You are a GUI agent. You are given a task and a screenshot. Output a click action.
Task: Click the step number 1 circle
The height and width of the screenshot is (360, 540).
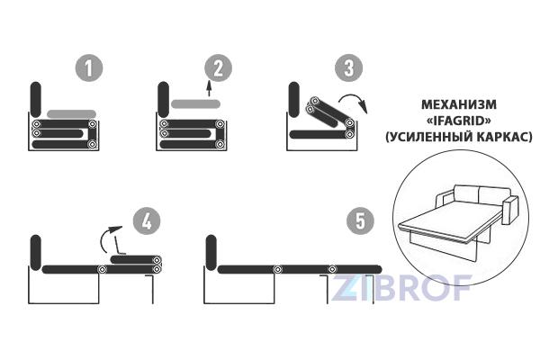[89, 67]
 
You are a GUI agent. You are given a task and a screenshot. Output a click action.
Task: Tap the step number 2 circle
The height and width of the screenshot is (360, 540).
[219, 67]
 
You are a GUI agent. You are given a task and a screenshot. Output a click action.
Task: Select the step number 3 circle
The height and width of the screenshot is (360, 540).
[349, 67]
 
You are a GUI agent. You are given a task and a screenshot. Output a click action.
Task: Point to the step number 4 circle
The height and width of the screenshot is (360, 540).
[147, 220]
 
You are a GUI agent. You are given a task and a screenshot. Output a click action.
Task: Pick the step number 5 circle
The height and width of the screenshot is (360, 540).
[360, 220]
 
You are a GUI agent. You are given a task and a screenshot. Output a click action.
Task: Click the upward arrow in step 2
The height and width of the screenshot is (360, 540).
[209, 89]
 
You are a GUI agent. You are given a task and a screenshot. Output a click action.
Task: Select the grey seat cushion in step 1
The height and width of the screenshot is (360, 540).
[71, 114]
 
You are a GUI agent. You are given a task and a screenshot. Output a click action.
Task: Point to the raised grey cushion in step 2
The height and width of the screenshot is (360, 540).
[195, 103]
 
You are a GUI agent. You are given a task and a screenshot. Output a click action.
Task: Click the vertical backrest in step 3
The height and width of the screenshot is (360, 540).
[294, 99]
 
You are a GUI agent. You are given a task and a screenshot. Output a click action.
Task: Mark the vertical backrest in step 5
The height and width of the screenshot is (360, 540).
[211, 253]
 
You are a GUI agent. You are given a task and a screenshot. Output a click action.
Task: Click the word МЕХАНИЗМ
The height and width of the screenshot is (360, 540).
[459, 104]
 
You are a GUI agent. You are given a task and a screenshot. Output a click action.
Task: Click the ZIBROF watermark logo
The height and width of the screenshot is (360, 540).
[401, 288]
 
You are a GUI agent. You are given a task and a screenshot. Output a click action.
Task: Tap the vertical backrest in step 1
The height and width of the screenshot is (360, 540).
[36, 99]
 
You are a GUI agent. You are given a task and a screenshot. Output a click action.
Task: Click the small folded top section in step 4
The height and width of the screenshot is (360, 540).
[136, 260]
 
